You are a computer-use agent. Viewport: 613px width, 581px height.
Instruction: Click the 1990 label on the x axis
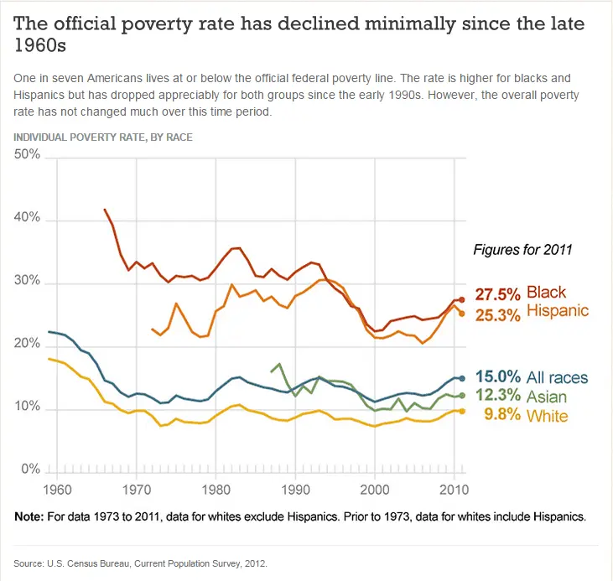pyautogui.click(x=295, y=487)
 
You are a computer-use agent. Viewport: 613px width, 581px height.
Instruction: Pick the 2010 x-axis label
pyautogui.click(x=454, y=487)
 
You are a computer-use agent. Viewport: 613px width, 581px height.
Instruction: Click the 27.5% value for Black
pyautogui.click(x=498, y=293)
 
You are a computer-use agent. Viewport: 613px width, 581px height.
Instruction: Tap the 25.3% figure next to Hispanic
pyautogui.click(x=498, y=312)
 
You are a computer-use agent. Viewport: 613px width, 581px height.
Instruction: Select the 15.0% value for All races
pyautogui.click(x=498, y=378)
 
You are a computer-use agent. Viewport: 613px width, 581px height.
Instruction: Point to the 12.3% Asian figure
pyautogui.click(x=498, y=397)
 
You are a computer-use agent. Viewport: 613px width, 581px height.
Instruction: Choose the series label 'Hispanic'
pyautogui.click(x=558, y=312)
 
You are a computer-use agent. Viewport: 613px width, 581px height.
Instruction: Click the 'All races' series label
pyautogui.click(x=558, y=378)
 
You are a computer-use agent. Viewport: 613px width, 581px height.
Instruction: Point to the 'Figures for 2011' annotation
pyautogui.click(x=523, y=249)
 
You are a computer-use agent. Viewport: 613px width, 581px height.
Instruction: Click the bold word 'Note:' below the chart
pyautogui.click(x=31, y=516)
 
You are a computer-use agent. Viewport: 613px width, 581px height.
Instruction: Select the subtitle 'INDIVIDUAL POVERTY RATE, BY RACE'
pyautogui.click(x=103, y=137)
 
